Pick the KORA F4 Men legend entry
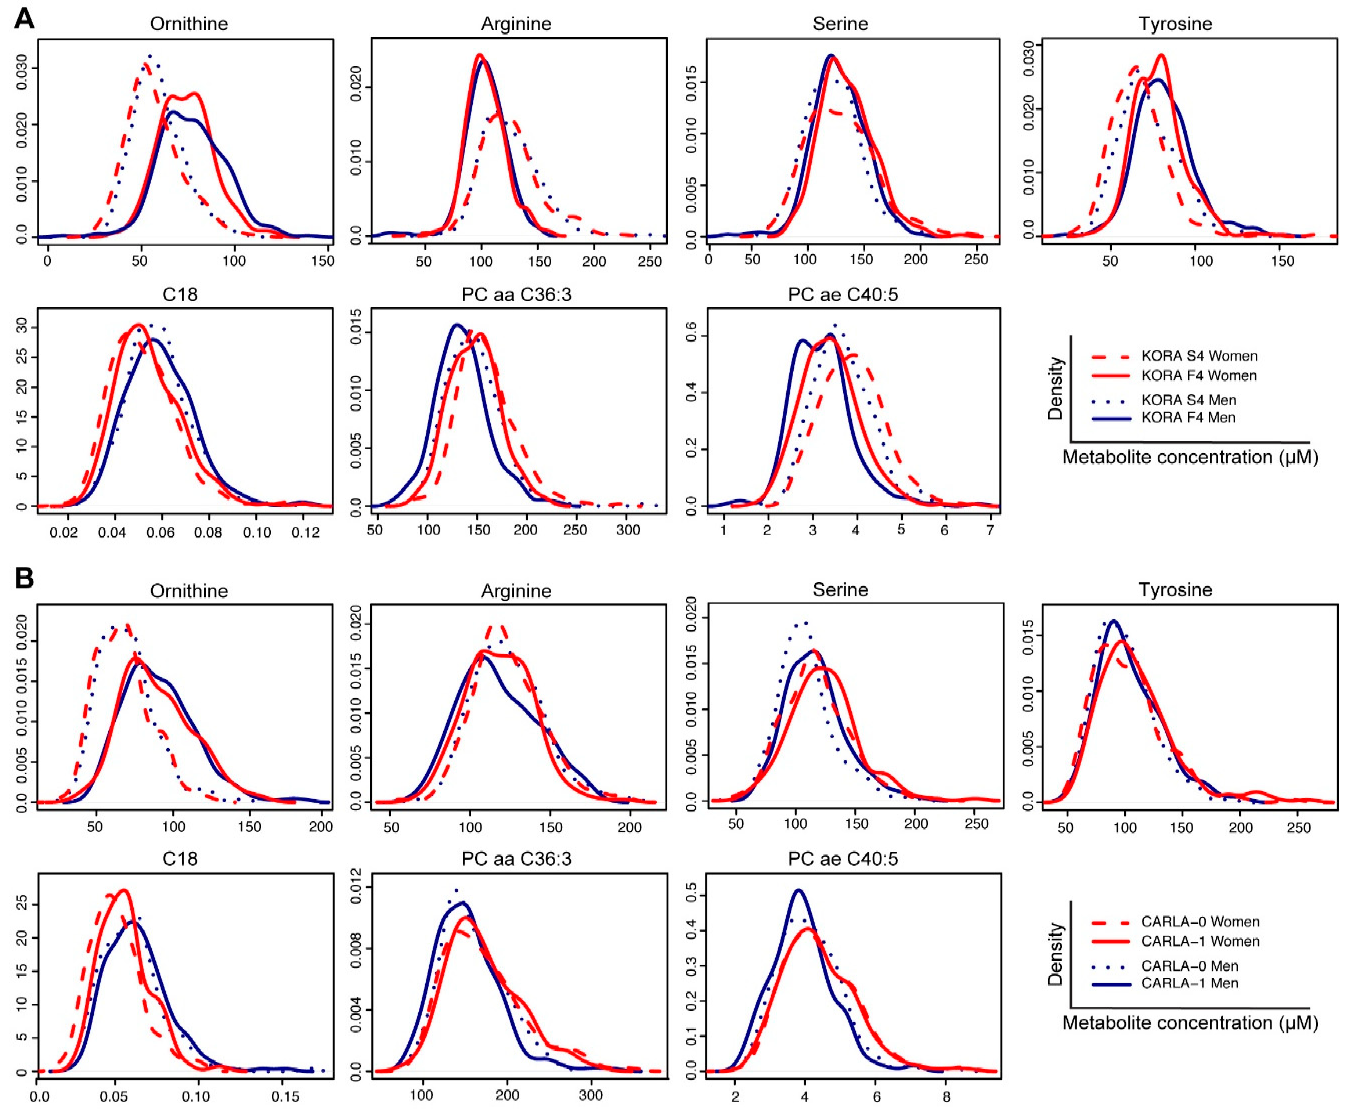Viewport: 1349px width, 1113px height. pyautogui.click(x=1188, y=418)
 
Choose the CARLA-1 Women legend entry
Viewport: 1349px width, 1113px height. pyautogui.click(x=1199, y=941)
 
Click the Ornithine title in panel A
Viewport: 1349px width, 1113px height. pyautogui.click(x=189, y=24)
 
